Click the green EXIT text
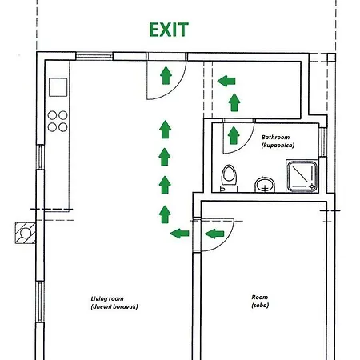coord(169,30)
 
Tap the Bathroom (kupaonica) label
coord(278,141)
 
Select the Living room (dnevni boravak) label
coord(114,302)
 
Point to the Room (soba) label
coord(260,301)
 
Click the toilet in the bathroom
coord(229,178)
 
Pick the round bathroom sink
coord(265,185)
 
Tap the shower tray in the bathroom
coord(302,176)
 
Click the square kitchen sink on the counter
coord(58,87)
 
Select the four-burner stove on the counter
coord(58,122)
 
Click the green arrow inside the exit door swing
coord(166,75)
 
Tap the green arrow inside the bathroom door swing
coord(234,135)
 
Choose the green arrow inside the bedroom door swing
coord(214,234)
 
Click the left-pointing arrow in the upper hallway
coord(226,81)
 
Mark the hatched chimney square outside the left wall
coord(26,233)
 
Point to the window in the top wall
coord(94,56)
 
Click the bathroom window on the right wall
coord(322,142)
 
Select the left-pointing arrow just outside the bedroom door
coord(179,234)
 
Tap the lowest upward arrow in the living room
coord(165,214)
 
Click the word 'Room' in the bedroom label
coord(259,297)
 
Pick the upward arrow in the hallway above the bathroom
coord(234,102)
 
